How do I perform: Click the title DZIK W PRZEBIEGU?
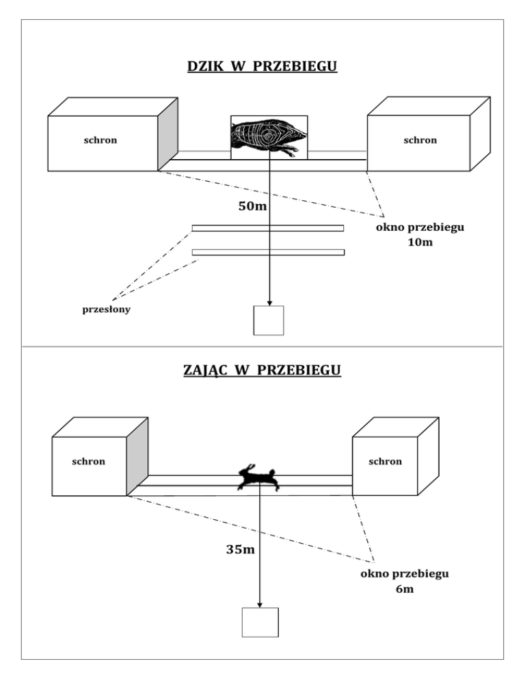point(262,66)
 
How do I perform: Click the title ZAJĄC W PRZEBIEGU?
point(262,370)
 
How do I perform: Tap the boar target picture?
point(269,137)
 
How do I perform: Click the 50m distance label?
point(252,206)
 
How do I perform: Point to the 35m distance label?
point(240,549)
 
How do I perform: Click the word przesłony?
point(106,309)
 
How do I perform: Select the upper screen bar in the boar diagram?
point(268,228)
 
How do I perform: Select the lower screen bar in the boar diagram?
point(269,252)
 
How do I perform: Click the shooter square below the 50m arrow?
point(269,320)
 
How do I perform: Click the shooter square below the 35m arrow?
point(260,622)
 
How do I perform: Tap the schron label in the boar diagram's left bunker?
point(100,140)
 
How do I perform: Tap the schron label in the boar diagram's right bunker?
point(420,140)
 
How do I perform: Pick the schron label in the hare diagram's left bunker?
point(88,462)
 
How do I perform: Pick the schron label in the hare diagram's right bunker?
point(385,462)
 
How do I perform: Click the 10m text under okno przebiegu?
point(420,242)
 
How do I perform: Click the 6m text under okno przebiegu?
point(405,590)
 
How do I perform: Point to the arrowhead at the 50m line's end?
point(269,303)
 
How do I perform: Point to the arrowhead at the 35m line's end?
point(260,605)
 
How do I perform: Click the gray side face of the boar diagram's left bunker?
point(167,135)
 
